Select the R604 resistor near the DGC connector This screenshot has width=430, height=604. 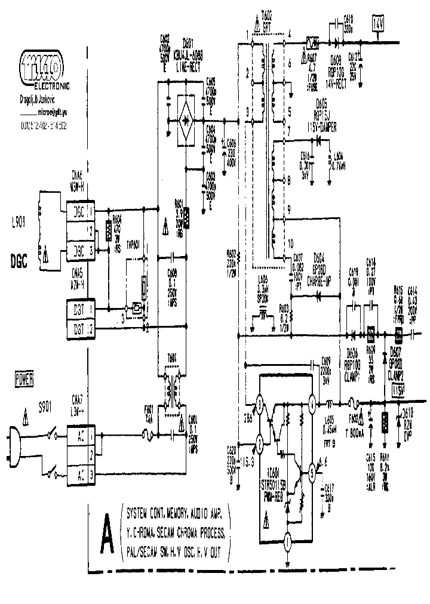(109, 229)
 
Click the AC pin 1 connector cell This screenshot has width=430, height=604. (80, 436)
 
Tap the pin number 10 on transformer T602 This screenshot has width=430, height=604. (290, 244)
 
